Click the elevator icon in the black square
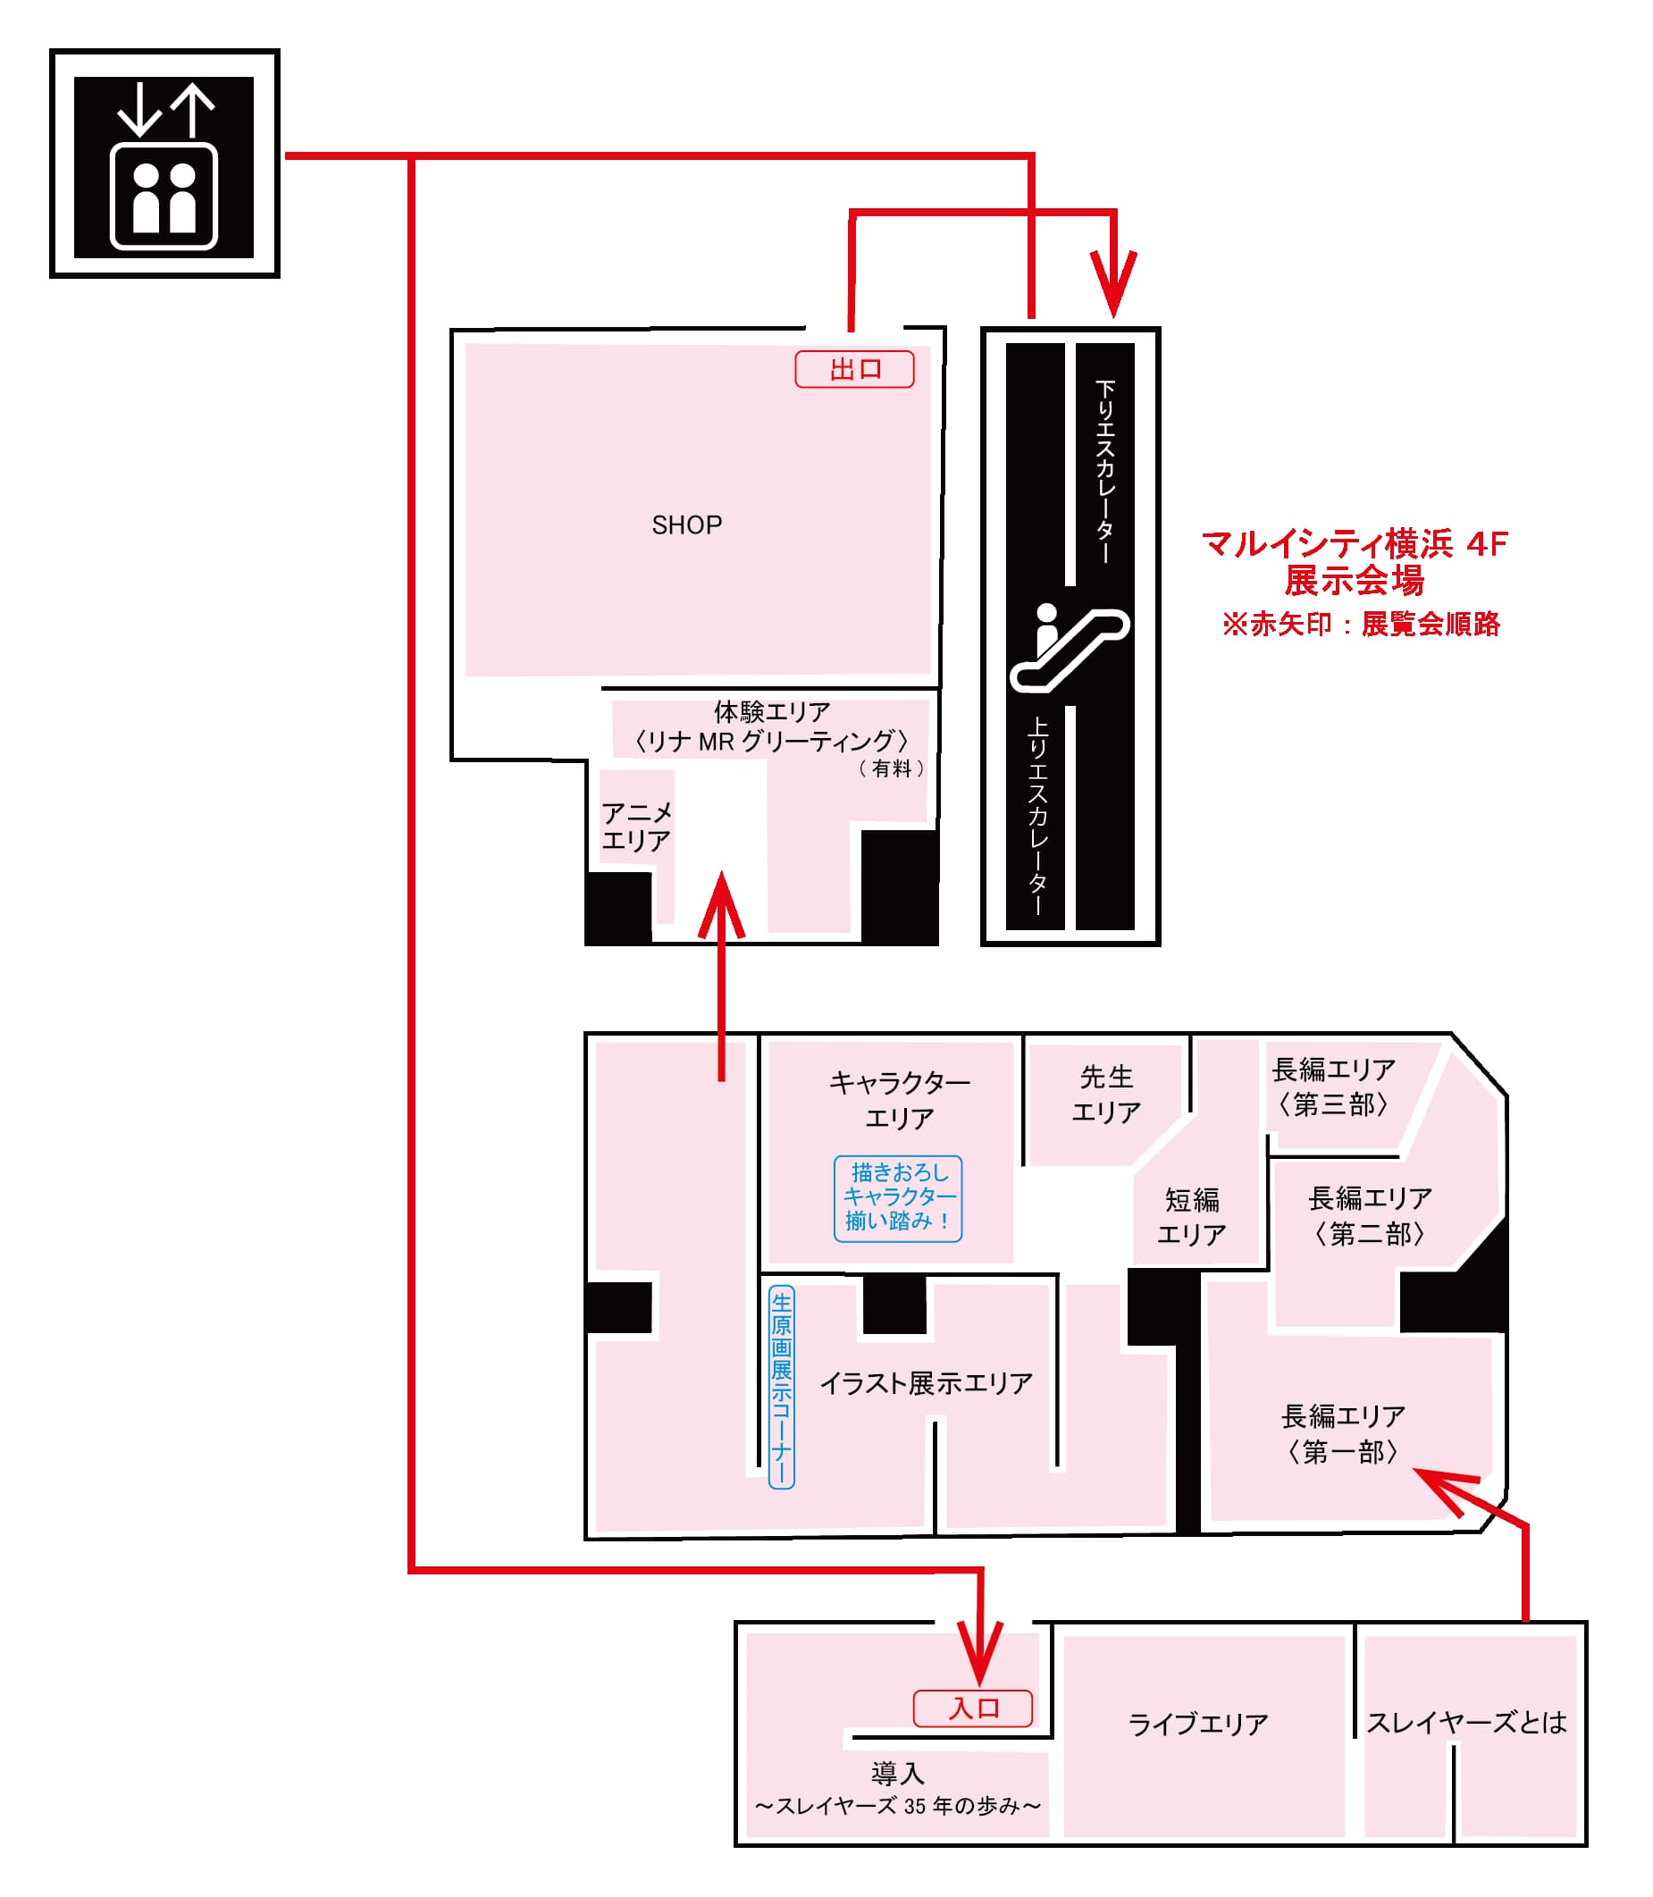tap(164, 168)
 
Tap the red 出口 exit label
tap(854, 370)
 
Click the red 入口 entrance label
tap(972, 1708)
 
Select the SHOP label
tap(686, 525)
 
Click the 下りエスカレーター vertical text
tap(1104, 470)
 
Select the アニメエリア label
tap(635, 827)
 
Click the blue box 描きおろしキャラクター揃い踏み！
tap(897, 1198)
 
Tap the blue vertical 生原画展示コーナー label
tap(780, 1387)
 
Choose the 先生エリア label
tap(1105, 1094)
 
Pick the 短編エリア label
tap(1191, 1216)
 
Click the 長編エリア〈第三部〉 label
tap(1333, 1087)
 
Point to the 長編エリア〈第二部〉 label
tap(1370, 1215)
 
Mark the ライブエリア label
tap(1197, 1724)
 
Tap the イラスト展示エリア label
tap(925, 1383)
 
